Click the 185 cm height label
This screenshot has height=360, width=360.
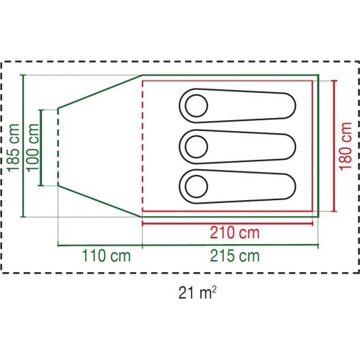tap(14, 148)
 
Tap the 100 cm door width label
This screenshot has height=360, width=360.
tap(32, 148)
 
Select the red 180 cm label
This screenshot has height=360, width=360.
tap(346, 146)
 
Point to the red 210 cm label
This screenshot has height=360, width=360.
tap(235, 233)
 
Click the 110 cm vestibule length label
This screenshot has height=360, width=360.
tap(107, 256)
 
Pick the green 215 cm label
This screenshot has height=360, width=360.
tap(235, 256)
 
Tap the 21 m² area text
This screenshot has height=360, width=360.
tap(197, 292)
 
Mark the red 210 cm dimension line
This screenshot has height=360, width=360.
tap(228, 224)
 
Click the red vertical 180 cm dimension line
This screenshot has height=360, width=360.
tap(334, 146)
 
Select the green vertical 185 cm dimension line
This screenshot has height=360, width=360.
tap(23, 146)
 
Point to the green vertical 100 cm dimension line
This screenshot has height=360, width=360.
tap(41, 148)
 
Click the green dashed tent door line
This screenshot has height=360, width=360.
tap(58, 147)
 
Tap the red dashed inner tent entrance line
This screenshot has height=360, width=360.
tap(143, 146)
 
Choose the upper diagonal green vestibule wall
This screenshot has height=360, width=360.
tap(100, 91)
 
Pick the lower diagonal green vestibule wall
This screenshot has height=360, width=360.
tap(100, 201)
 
